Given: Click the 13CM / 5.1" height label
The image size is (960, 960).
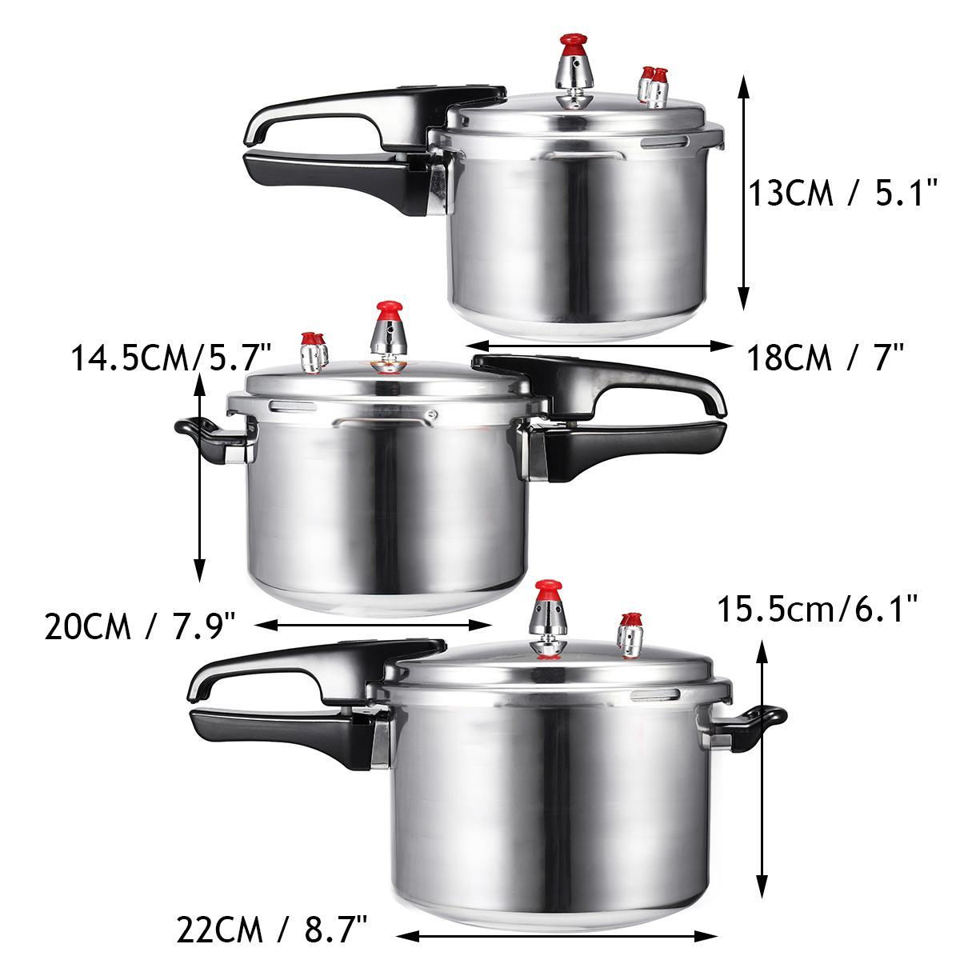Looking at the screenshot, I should pos(842,193).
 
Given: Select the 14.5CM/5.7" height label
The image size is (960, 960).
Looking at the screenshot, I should pos(171,357).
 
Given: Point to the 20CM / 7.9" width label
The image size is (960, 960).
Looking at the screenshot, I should pos(140,626).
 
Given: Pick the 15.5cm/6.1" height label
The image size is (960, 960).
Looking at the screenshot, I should pos(816,611).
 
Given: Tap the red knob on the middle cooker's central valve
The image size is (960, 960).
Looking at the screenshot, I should pos(390,308).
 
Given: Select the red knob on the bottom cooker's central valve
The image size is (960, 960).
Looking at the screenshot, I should pos(549,590).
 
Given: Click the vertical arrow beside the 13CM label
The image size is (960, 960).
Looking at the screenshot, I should pos(743,193).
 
